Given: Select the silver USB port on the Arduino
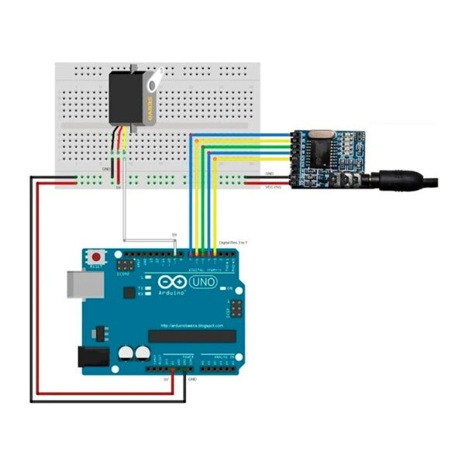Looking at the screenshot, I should (80, 286).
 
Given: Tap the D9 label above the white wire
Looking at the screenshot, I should (174, 234).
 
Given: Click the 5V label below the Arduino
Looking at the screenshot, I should (166, 380).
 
